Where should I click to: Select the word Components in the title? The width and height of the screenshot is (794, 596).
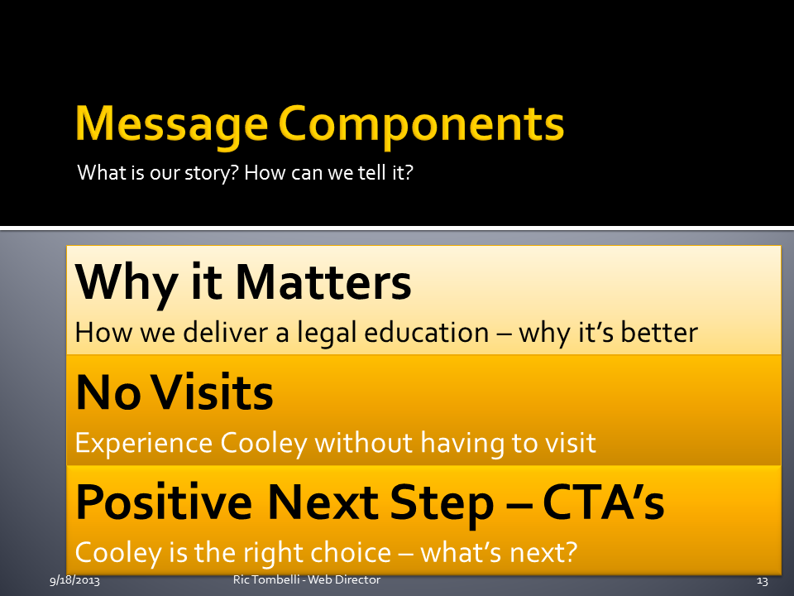(x=421, y=125)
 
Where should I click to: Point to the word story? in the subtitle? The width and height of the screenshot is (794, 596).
(x=211, y=174)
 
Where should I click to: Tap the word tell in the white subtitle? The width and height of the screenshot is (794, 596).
(x=372, y=173)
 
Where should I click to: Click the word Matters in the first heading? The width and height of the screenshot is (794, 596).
(x=323, y=281)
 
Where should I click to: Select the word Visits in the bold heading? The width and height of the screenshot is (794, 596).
(x=213, y=392)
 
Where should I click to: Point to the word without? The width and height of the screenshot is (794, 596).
(x=364, y=442)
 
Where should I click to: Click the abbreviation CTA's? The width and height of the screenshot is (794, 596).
(x=603, y=502)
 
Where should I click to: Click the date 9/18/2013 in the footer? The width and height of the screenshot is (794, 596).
(x=75, y=580)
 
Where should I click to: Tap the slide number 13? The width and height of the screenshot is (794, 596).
(x=762, y=581)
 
